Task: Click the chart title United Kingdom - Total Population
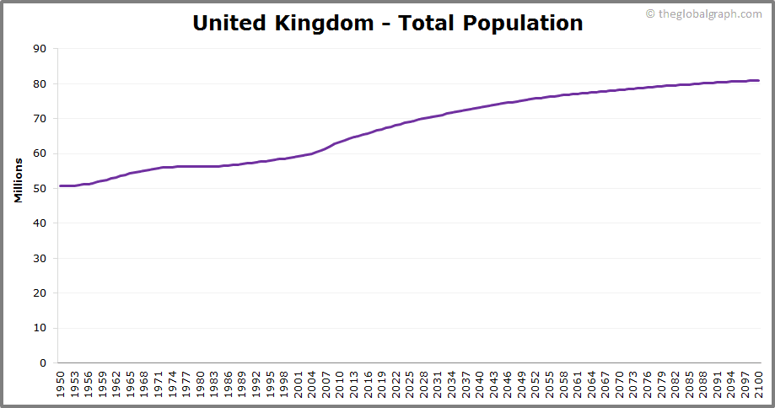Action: point(387,23)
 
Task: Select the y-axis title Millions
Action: point(18,180)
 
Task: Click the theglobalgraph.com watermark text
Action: point(709,13)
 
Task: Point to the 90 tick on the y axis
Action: point(40,49)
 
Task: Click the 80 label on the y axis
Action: point(40,84)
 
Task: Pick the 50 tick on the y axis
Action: point(40,189)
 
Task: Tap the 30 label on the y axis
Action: point(40,259)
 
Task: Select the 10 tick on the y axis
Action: point(40,329)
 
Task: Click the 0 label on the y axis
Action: point(43,363)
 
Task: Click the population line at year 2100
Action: point(758,81)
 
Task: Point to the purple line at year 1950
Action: point(61,185)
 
